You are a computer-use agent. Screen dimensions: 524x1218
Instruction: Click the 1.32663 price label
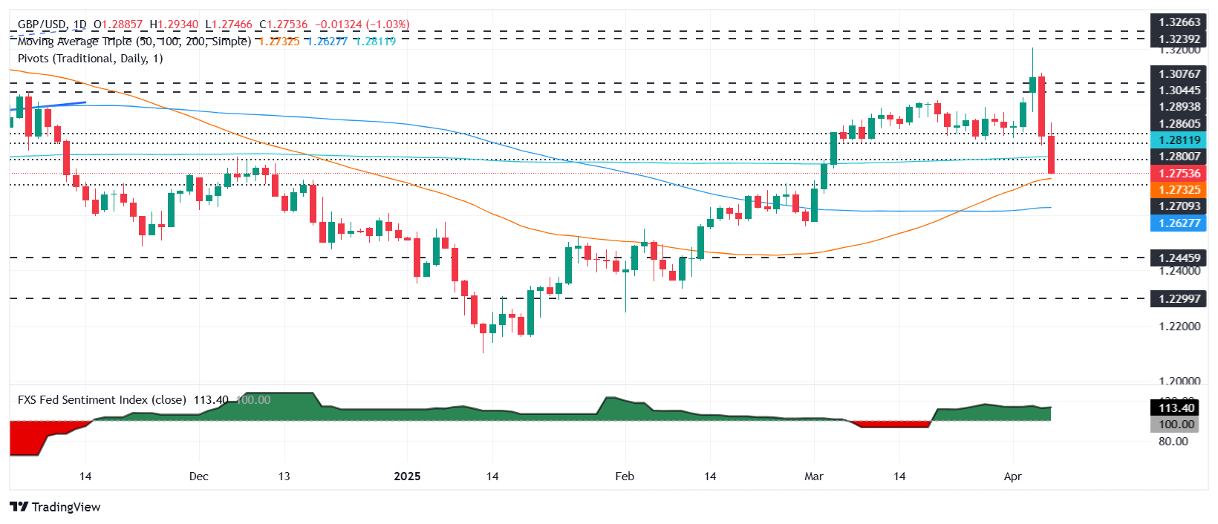(1179, 22)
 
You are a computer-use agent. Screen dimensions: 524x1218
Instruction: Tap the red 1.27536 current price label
(1179, 174)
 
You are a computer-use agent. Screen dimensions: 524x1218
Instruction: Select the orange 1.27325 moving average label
(1179, 190)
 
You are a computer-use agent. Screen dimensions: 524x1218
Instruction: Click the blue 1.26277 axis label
(1179, 223)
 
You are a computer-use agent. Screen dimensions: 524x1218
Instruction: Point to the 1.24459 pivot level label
(1179, 258)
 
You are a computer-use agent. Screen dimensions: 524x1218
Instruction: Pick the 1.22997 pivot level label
(1179, 298)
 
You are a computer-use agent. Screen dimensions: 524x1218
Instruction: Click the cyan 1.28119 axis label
(1179, 140)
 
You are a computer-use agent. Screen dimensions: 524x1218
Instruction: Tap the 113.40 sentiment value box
(1176, 408)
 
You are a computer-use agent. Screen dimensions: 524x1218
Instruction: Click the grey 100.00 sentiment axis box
(1176, 425)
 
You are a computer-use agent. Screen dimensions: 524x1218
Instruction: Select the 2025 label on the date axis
(407, 476)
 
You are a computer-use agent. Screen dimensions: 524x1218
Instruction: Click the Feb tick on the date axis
(625, 476)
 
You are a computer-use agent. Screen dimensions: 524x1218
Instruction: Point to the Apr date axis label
(1013, 476)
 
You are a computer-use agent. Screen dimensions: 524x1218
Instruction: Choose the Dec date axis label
(199, 476)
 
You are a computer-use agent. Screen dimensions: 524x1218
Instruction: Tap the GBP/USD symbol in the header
(42, 24)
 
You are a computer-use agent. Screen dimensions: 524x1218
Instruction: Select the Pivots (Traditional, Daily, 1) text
(90, 59)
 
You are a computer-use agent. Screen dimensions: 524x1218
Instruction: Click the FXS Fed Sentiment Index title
(102, 400)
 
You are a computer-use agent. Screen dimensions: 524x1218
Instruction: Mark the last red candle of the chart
(1052, 154)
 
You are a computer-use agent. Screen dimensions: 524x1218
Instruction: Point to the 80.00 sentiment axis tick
(1173, 442)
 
